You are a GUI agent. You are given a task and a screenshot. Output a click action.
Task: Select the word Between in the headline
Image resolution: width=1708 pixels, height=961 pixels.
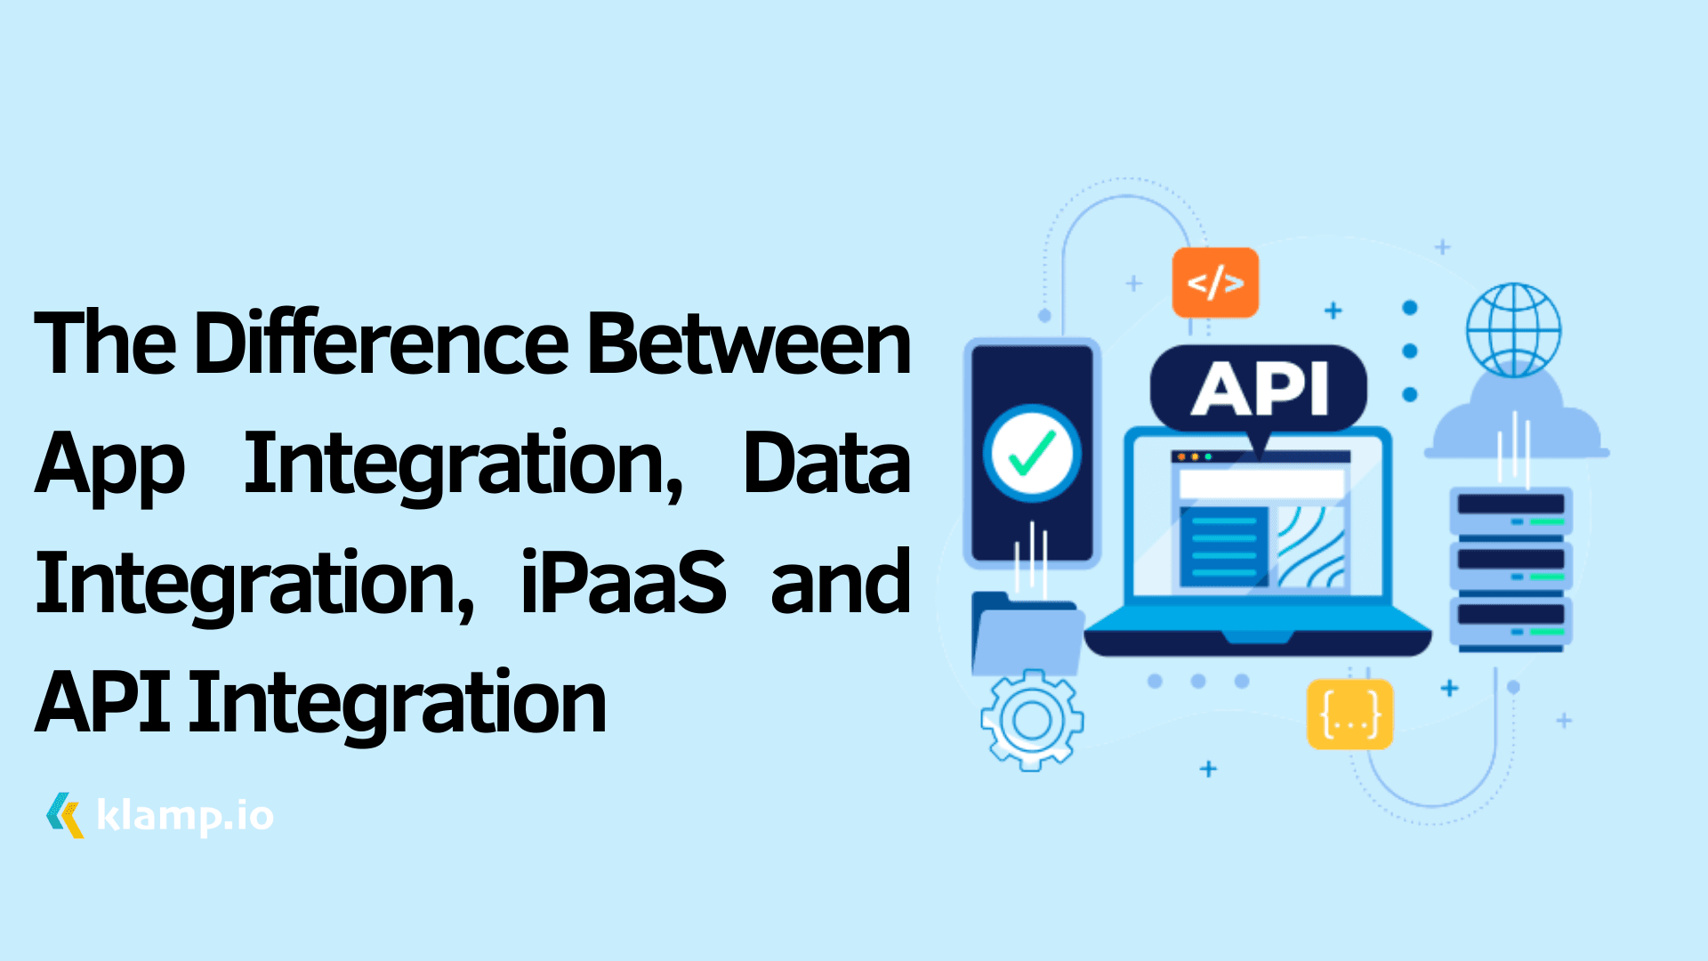(749, 343)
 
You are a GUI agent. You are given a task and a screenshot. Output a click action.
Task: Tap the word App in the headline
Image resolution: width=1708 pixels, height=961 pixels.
(109, 464)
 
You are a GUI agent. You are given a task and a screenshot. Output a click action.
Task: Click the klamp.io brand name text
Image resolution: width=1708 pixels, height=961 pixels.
(184, 815)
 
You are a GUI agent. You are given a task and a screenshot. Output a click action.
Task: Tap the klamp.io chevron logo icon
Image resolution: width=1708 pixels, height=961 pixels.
(65, 814)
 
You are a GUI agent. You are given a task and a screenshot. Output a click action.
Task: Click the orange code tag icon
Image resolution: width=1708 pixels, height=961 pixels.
(1215, 283)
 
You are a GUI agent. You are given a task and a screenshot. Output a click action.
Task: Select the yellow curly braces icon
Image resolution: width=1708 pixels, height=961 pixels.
(1349, 715)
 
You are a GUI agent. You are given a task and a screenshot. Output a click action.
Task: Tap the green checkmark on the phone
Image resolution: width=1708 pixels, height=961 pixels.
(1032, 453)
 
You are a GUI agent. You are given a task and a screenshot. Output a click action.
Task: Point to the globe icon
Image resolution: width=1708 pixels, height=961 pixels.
(1513, 330)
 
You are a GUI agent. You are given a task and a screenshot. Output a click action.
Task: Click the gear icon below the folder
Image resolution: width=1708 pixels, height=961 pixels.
(1032, 720)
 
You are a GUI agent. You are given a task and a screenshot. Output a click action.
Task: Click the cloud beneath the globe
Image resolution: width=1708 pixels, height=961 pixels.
(1516, 423)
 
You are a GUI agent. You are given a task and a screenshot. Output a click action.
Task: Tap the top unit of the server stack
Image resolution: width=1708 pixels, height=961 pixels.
(1511, 510)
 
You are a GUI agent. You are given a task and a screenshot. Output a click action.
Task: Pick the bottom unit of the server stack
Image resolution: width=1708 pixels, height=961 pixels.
(1511, 619)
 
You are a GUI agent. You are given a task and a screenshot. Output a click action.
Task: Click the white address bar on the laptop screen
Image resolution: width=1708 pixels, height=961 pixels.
(1261, 483)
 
